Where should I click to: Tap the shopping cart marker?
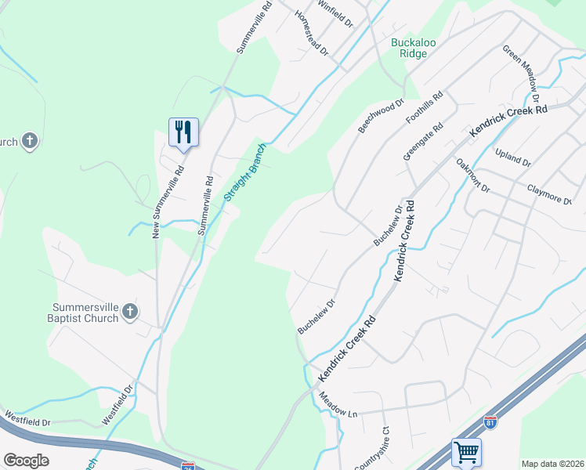[466, 452]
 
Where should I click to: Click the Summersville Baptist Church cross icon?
[130, 312]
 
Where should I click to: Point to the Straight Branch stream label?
[245, 172]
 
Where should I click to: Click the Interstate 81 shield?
[490, 421]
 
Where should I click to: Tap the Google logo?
[26, 461]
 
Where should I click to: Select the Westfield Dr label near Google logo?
[27, 422]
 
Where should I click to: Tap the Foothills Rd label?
[425, 108]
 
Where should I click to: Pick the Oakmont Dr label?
[472, 176]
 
